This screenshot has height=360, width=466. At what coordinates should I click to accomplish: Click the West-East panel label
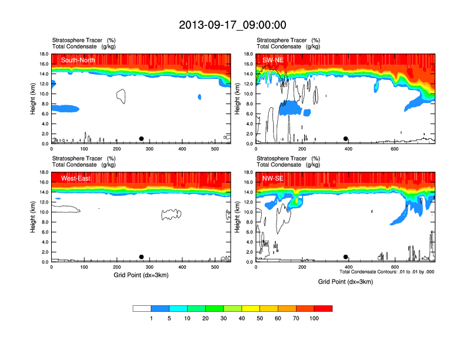click(x=75, y=178)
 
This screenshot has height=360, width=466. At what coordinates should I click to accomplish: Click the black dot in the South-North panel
click(x=141, y=139)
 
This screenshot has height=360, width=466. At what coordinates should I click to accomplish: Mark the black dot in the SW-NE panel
click(x=346, y=139)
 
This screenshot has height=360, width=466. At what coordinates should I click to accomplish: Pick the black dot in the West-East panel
click(x=141, y=257)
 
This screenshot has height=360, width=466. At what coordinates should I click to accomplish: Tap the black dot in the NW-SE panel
click(x=346, y=257)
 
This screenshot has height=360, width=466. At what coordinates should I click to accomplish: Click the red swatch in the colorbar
click(x=323, y=308)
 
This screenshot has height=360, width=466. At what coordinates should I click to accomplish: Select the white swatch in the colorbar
click(x=142, y=308)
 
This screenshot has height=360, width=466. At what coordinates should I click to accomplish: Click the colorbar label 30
click(x=224, y=318)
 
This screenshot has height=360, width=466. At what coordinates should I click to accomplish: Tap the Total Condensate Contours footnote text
click(x=387, y=272)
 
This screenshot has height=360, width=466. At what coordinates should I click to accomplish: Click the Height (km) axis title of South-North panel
click(x=34, y=98)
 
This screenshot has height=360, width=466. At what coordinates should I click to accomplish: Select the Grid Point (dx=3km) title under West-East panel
click(x=141, y=275)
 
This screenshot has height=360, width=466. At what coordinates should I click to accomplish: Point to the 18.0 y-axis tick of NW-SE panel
click(x=248, y=172)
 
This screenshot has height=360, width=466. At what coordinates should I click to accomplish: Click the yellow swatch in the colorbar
click(x=251, y=308)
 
